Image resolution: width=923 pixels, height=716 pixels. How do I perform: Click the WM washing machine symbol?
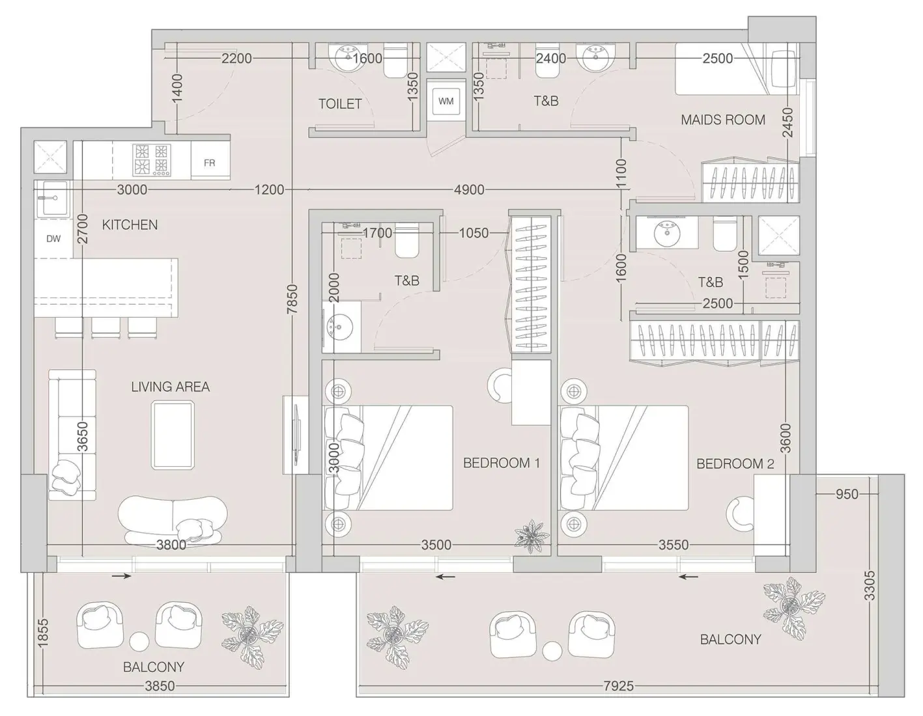(446, 101)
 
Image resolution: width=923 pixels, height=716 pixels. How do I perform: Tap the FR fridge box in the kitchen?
(210, 163)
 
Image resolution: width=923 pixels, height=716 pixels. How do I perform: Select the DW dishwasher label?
(53, 239)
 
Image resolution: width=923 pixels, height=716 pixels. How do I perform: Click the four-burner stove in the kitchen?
(151, 160)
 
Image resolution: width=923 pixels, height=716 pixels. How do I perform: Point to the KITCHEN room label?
(130, 225)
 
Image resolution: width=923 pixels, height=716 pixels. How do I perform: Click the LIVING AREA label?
(170, 387)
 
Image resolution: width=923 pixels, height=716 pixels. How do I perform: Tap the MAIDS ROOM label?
(722, 120)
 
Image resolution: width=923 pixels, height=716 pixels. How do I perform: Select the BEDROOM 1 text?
(501, 463)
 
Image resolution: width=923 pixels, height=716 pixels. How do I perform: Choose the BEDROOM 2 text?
(735, 464)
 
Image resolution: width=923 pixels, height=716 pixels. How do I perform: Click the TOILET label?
(339, 103)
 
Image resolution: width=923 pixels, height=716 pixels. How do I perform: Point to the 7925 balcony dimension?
(618, 685)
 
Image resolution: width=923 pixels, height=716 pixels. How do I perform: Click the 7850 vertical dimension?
(292, 299)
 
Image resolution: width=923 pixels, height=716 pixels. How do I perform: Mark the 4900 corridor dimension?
(469, 189)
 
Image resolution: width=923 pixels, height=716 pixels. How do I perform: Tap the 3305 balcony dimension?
(870, 585)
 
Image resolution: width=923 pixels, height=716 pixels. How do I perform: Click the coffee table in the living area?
(173, 435)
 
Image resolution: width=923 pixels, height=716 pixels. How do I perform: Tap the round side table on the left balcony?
(139, 640)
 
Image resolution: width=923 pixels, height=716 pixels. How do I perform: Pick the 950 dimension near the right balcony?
(847, 494)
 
